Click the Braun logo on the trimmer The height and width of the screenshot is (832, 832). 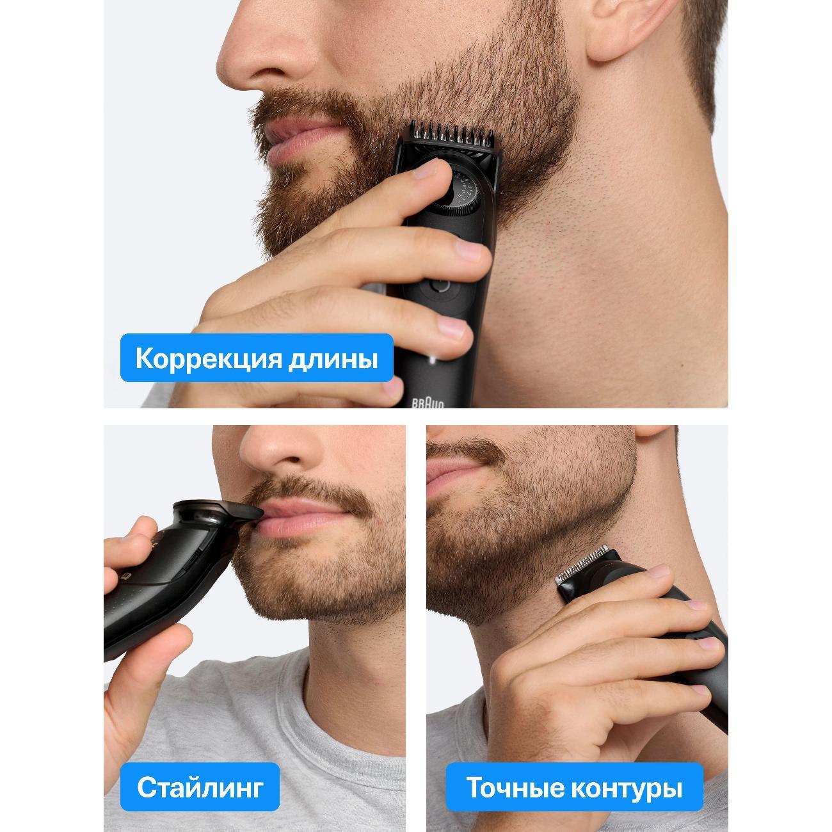click(x=428, y=403)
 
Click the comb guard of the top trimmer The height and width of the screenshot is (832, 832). click(x=451, y=138)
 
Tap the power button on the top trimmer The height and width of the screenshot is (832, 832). click(x=440, y=285)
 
